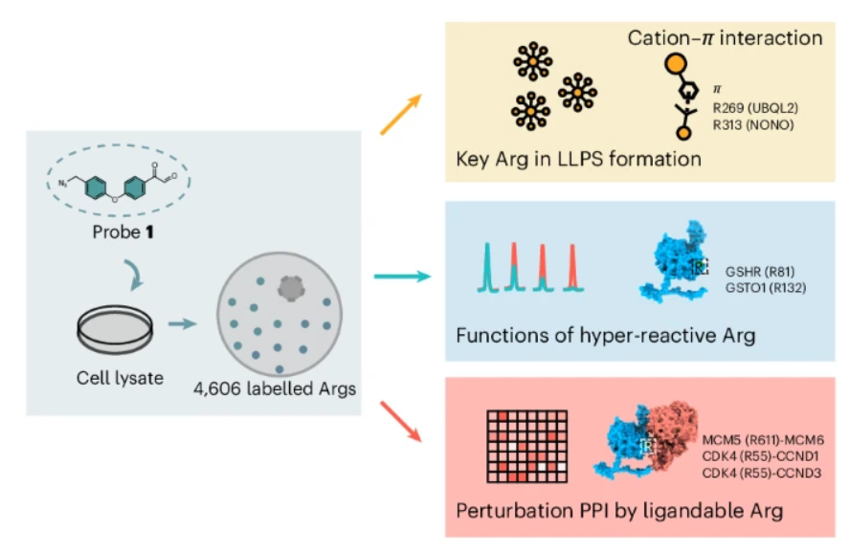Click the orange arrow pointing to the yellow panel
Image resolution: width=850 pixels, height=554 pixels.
(x=401, y=112)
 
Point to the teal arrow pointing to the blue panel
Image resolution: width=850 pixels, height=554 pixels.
(x=401, y=277)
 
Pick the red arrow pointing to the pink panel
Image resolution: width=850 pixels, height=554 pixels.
(x=401, y=424)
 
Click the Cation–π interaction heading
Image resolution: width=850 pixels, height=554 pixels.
(x=725, y=38)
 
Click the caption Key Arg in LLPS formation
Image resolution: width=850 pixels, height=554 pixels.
(x=578, y=157)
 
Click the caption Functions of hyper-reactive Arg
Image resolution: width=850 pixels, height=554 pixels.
(x=606, y=336)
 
